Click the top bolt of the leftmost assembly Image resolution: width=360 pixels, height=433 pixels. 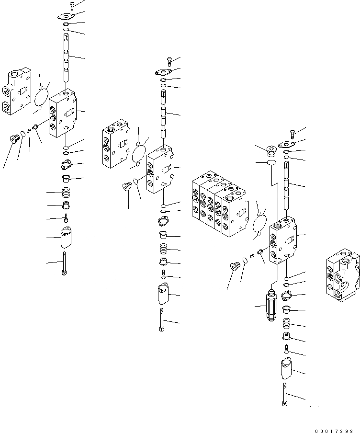click(71, 6)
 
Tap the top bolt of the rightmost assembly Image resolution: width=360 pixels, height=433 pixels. click(292, 134)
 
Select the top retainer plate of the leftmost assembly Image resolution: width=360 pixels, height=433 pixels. click(66, 17)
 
